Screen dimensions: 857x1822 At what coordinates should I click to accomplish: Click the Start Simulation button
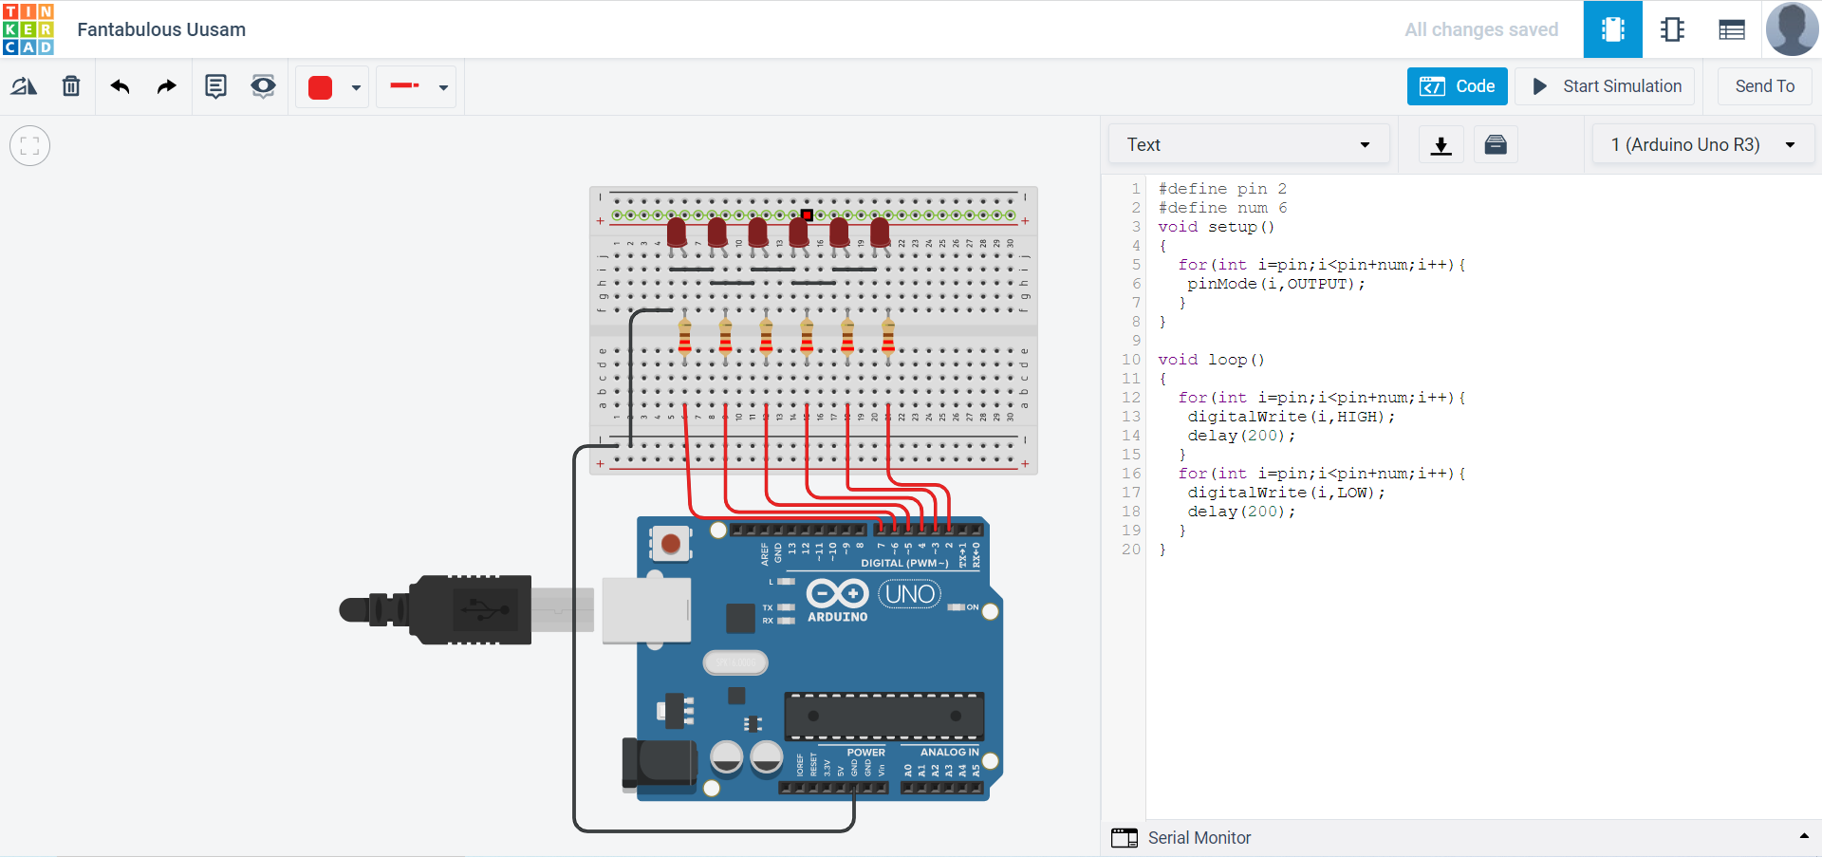pos(1608,86)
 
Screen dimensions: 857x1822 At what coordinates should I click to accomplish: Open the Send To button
pos(1764,86)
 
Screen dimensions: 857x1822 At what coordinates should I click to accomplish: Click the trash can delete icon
pos(71,86)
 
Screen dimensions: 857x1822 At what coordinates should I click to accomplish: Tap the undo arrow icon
pos(120,86)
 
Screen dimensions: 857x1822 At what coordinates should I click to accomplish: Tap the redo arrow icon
pos(166,86)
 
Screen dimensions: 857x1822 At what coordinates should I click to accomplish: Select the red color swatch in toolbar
pos(321,87)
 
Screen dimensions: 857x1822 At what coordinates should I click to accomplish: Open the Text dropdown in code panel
pos(1248,144)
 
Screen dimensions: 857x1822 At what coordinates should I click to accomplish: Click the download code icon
pos(1441,144)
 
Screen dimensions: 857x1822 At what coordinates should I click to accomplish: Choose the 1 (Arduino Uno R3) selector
pos(1702,144)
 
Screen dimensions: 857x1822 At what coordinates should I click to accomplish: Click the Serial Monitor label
pos(1199,837)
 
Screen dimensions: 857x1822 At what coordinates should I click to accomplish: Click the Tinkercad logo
pos(28,28)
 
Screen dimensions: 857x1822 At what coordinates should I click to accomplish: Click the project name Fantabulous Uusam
pos(161,29)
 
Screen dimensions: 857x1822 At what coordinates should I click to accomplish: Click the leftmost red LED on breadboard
pos(677,232)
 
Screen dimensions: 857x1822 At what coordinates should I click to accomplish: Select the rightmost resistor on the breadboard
pos(888,335)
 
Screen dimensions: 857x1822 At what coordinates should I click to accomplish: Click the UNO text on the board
pos(910,594)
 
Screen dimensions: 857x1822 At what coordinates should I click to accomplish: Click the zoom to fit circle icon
pos(29,146)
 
